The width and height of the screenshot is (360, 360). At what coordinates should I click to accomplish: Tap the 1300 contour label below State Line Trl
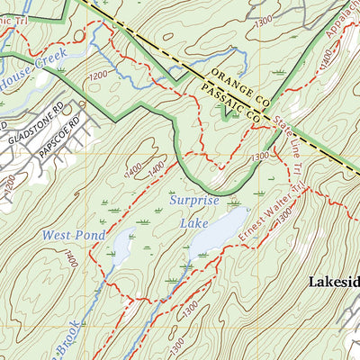click(x=260, y=158)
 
